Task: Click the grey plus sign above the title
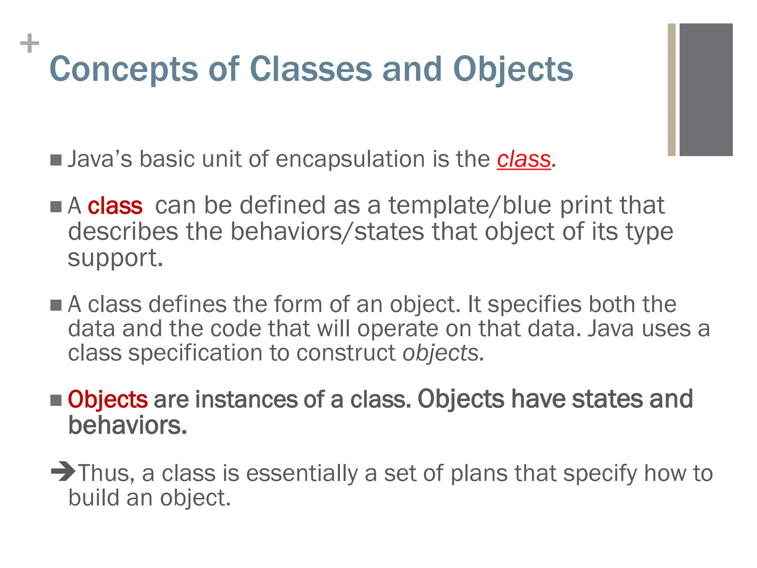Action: pos(30,44)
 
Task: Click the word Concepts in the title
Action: pos(123,70)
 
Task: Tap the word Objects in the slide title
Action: pos(513,70)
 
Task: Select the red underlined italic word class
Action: pos(524,160)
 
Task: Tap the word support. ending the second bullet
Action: pos(115,258)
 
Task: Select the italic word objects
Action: pos(443,353)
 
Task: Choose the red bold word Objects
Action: pos(108,400)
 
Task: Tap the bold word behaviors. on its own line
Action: pos(128,426)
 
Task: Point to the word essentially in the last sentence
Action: pos(302,473)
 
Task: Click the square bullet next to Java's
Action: pos(56,160)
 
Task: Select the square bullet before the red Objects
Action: pos(56,400)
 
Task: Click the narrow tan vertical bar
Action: pos(671,89)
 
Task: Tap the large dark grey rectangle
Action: pos(706,89)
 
